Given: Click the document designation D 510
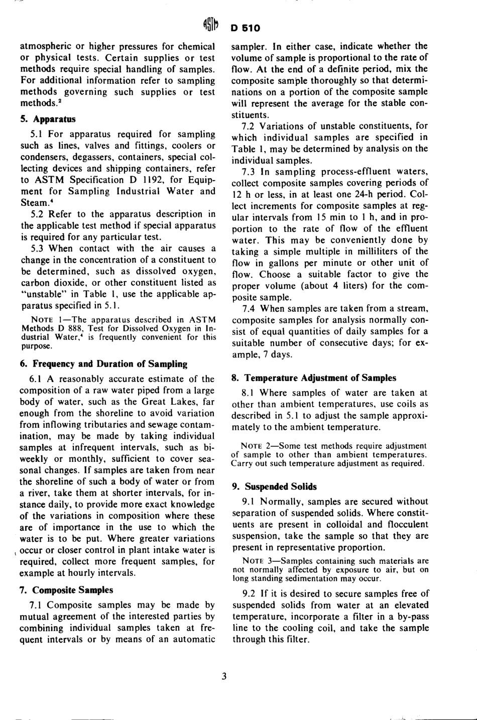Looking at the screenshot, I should tap(246, 28).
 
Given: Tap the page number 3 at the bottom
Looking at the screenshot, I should tap(224, 676).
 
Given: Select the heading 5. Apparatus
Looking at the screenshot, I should tap(48, 119).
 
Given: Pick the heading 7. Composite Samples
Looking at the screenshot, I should tap(66, 589).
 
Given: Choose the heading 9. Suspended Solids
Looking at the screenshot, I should tap(274, 486).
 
